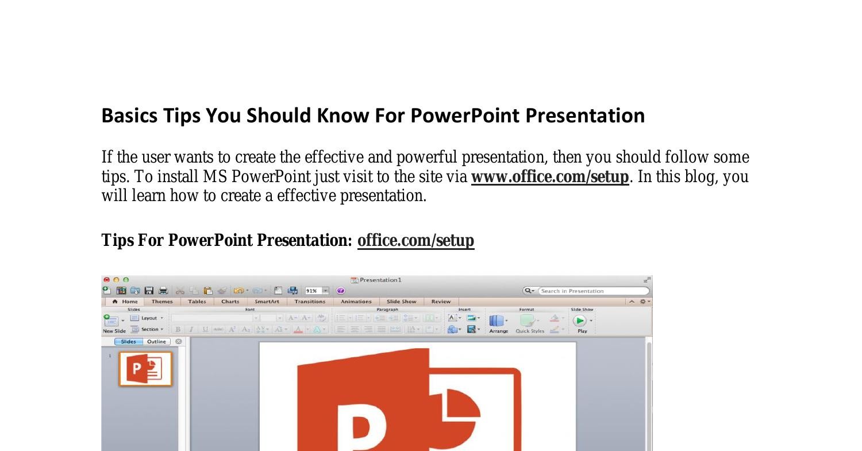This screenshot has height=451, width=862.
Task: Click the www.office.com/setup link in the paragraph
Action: coord(549,177)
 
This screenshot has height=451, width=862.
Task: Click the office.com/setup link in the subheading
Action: coord(415,241)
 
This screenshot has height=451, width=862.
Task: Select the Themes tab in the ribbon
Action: coord(162,302)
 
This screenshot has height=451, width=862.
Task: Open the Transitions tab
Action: coord(310,302)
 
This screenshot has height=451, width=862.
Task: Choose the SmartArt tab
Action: coord(267,302)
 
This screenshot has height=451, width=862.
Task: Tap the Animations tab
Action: coord(356,302)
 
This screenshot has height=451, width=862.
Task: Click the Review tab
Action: coord(441,302)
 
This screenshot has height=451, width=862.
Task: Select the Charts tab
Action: coord(230,302)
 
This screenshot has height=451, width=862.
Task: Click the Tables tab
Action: coord(197,302)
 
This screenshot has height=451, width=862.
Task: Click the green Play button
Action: coord(579,321)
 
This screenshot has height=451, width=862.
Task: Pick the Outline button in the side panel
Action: coord(156,341)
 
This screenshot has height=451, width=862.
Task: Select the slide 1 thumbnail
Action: coord(145,369)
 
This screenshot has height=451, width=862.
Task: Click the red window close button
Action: coord(107,280)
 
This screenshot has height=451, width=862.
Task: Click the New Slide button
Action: coord(111,322)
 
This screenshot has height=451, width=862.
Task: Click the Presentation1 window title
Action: coord(380,280)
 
